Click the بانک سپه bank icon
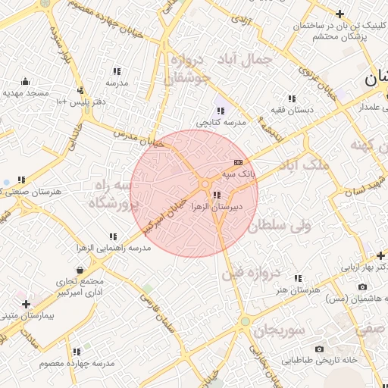pos(238,162)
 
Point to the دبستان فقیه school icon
pos(291,99)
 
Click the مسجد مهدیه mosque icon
pos(25,81)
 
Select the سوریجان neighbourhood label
pos(279,330)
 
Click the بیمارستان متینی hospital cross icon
pos(26,303)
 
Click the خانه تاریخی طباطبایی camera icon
pos(319,349)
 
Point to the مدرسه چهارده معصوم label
pos(77,364)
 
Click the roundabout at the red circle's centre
pos(205,185)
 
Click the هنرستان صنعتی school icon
pos(21,180)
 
